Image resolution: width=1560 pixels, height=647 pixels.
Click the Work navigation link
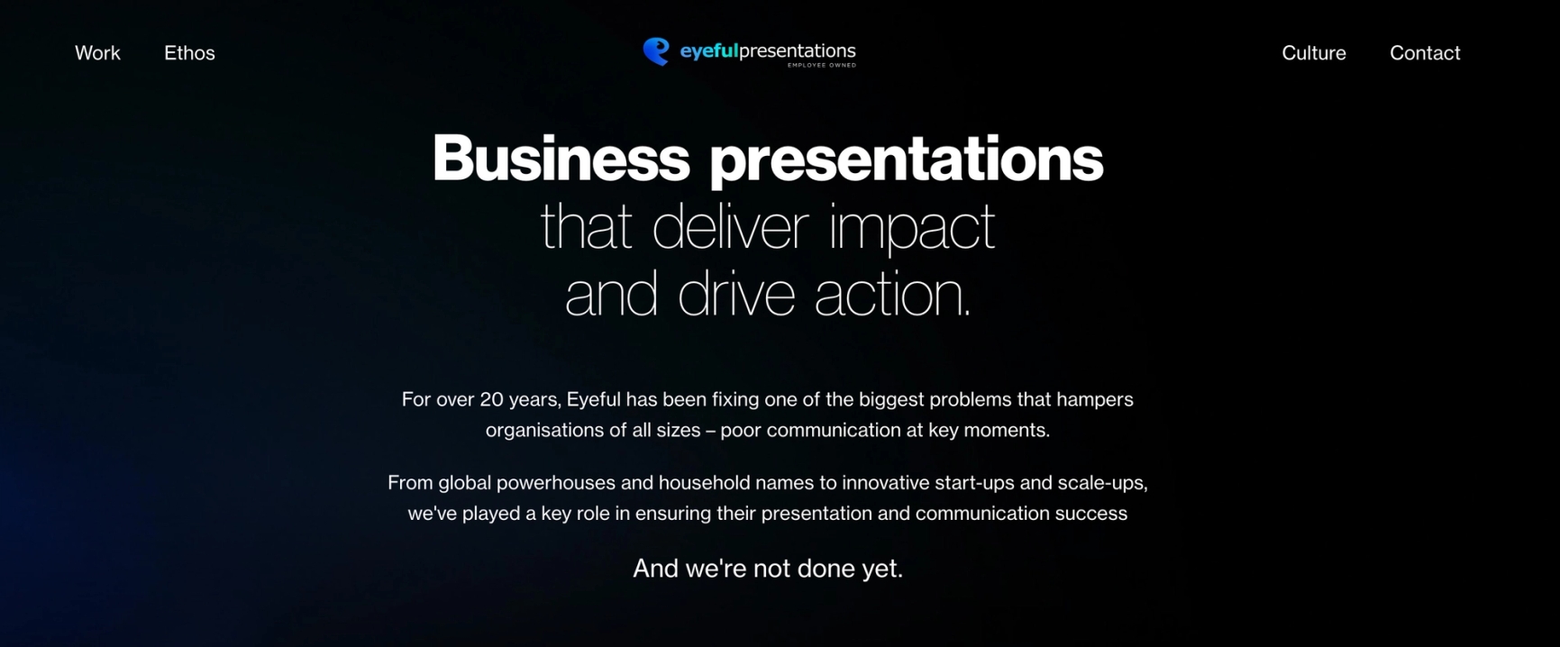[x=97, y=53]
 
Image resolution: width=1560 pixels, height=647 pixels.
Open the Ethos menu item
[x=189, y=53]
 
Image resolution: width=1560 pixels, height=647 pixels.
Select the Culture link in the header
[x=1314, y=53]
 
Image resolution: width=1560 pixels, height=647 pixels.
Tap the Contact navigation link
[x=1425, y=53]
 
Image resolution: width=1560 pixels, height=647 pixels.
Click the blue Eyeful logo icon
[x=656, y=51]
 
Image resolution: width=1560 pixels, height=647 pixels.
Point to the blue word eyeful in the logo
[x=708, y=51]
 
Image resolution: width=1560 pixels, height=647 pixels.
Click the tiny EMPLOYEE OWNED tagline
[x=822, y=65]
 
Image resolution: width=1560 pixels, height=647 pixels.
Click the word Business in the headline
[x=561, y=159]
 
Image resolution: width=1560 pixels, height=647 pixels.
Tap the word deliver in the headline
[x=730, y=227]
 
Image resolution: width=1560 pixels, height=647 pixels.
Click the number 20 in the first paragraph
[x=491, y=399]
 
